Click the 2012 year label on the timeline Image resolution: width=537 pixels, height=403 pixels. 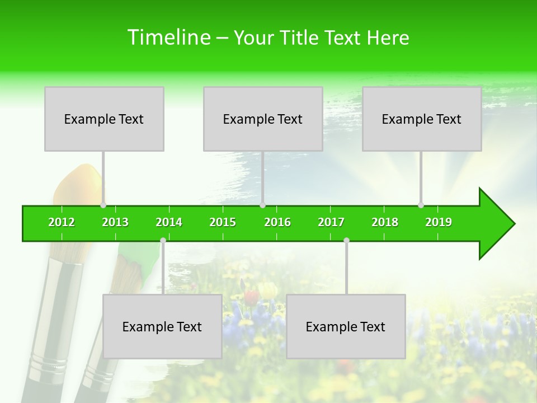(x=62, y=223)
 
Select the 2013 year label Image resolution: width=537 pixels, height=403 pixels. (x=115, y=223)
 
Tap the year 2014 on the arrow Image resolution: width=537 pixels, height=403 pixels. (x=169, y=223)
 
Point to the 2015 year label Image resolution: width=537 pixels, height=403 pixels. (x=223, y=223)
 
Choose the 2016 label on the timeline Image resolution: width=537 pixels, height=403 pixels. (x=277, y=223)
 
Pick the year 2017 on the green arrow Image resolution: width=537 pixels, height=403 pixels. (x=331, y=223)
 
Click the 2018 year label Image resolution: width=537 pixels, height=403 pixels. (x=385, y=223)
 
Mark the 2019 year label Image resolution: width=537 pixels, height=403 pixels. (x=439, y=223)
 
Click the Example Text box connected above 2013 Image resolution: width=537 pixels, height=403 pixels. (x=104, y=119)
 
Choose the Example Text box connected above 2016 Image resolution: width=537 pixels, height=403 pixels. (x=263, y=119)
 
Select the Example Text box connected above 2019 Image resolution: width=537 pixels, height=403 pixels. (x=422, y=119)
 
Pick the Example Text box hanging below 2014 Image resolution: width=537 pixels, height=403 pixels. (x=162, y=326)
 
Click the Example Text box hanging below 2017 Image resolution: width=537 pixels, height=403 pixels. (x=346, y=326)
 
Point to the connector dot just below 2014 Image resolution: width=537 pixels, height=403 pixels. (x=163, y=241)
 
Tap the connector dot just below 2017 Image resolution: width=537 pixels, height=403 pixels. (x=346, y=241)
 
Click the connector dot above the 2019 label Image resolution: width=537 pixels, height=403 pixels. (x=421, y=205)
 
